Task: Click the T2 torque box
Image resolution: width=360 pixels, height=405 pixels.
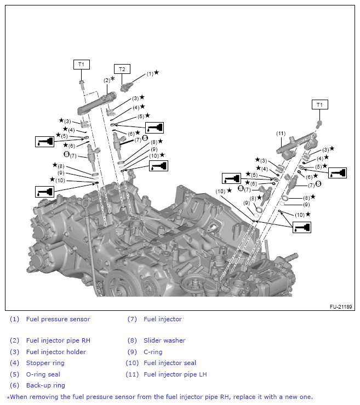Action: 122,69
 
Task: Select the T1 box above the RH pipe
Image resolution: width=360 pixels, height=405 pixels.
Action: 81,65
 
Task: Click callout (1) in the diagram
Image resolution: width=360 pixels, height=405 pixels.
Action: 150,73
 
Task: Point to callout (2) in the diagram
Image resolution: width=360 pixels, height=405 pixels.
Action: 107,80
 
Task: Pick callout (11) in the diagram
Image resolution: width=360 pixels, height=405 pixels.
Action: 281,133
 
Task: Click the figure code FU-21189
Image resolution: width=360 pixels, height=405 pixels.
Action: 340,307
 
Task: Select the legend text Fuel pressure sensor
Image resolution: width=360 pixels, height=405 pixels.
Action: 58,319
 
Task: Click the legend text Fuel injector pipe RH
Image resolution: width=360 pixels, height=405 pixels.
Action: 58,340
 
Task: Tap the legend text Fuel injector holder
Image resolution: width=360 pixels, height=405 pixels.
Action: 56,352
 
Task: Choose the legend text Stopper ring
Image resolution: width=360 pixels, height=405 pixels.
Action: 45,363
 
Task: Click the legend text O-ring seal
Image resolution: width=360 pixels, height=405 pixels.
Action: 43,374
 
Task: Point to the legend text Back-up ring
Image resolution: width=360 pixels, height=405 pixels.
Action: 45,385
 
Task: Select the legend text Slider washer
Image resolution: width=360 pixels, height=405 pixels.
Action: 164,340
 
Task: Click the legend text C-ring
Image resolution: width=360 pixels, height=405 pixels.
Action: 153,352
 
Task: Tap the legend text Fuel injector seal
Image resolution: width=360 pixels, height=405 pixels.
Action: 170,363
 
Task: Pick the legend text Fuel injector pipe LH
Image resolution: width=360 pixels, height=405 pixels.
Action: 175,374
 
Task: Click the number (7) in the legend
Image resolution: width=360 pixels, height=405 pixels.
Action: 132,319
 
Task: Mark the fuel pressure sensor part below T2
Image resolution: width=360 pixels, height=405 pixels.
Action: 129,85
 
